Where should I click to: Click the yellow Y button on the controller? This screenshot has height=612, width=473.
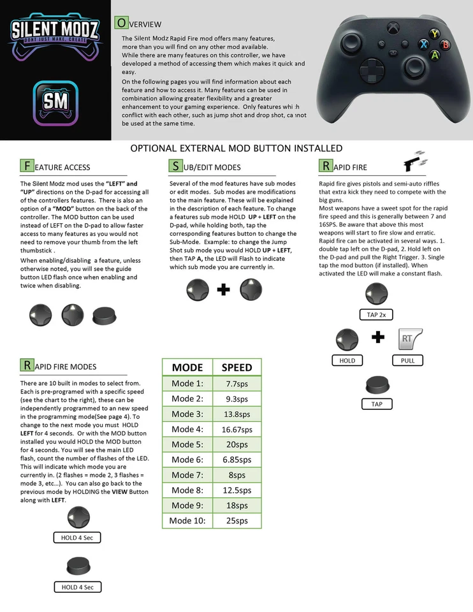click(435, 34)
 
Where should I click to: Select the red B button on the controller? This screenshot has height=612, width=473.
click(446, 44)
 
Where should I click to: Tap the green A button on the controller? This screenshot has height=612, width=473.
click(435, 55)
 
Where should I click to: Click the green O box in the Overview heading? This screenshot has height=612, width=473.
click(120, 23)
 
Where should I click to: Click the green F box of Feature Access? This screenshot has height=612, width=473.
click(27, 166)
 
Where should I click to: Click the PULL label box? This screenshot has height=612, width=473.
click(407, 360)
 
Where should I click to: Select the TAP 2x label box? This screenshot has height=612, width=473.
click(376, 314)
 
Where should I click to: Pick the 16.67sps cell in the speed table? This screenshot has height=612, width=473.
click(236, 429)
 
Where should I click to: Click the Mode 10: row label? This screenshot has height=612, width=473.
click(187, 520)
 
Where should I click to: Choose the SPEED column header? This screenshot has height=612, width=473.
click(236, 367)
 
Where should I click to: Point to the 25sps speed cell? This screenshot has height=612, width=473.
click(236, 520)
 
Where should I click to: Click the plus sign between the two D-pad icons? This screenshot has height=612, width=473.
click(223, 290)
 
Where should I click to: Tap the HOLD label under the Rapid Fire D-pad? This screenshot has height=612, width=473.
click(347, 360)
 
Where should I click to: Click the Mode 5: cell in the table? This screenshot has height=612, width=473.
click(187, 444)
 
